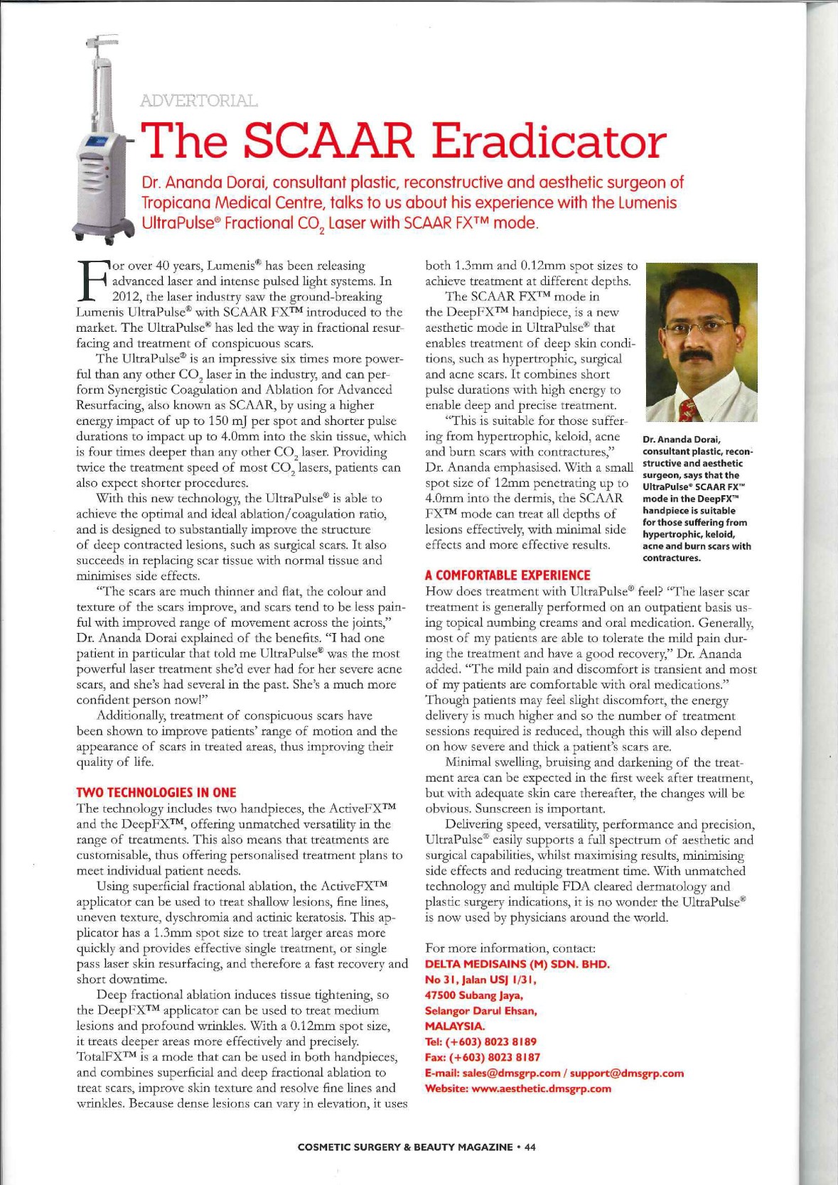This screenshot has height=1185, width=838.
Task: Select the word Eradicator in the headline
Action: point(550,141)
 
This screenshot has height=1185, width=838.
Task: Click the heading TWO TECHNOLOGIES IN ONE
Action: point(156,792)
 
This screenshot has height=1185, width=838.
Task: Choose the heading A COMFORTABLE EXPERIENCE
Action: point(507,575)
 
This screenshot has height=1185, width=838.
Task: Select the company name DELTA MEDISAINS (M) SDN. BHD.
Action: point(517,964)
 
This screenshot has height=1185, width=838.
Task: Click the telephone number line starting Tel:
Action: point(480,1041)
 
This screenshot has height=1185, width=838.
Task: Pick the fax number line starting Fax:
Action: point(482,1057)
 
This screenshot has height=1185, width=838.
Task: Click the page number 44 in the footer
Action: point(530,1147)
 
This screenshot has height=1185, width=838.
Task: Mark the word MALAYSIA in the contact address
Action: point(455,1026)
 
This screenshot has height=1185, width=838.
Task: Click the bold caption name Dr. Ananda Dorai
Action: point(682,440)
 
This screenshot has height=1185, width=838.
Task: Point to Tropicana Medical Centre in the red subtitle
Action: point(235,202)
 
